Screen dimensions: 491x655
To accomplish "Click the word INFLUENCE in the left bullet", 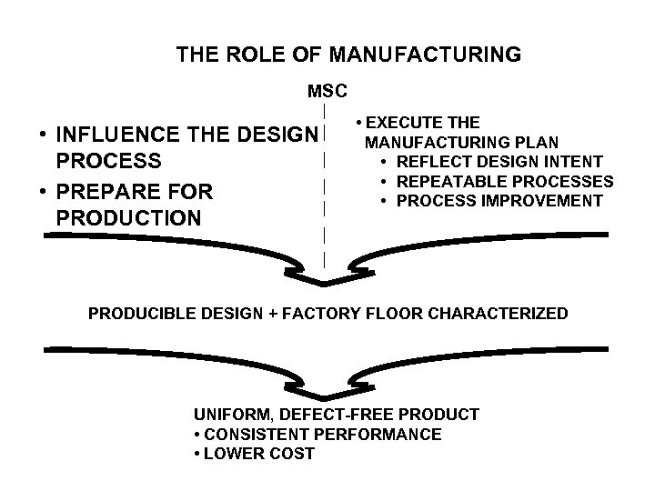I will coord(116,135).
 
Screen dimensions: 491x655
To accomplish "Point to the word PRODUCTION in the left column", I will coord(128,219).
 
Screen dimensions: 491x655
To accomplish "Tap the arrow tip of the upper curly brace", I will coord(325,280).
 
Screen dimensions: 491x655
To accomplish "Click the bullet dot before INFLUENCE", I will coord(42,135).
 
